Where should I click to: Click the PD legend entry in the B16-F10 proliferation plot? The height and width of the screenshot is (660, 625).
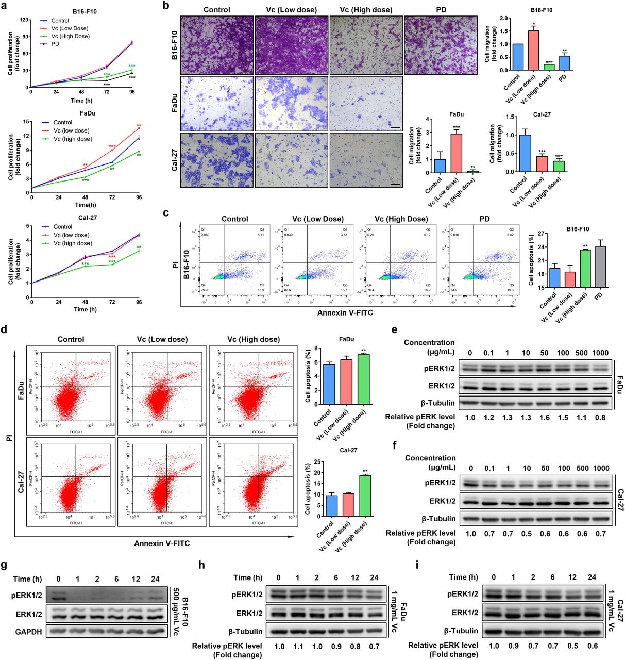[55, 44]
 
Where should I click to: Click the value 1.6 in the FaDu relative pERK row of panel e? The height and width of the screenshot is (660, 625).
[545, 417]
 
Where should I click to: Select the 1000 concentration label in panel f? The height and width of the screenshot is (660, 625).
[600, 468]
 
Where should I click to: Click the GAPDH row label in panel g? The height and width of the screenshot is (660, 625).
[28, 632]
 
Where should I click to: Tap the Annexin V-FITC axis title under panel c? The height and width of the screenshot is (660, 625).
[345, 312]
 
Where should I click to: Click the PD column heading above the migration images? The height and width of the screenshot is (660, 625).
[441, 10]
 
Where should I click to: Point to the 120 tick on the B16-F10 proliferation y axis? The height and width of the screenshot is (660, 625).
[24, 20]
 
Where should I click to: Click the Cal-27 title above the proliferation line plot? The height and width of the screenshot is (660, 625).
[87, 218]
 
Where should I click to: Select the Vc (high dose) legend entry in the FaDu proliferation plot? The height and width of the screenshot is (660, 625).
[73, 139]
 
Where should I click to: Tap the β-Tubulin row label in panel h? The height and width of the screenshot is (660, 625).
[245, 631]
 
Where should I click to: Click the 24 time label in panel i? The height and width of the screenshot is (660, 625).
[592, 577]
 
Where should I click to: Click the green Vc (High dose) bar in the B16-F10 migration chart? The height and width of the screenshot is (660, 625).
[549, 67]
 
